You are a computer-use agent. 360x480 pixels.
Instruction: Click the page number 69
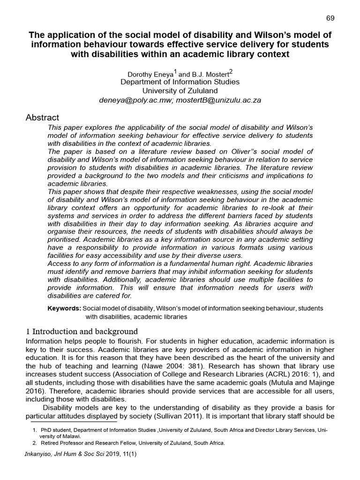click(x=330, y=18)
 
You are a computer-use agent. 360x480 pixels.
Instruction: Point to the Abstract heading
click(x=42, y=118)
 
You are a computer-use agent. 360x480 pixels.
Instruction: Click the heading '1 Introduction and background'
click(x=82, y=331)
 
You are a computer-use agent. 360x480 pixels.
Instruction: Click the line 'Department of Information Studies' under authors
click(x=180, y=82)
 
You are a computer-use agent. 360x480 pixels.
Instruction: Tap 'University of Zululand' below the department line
click(x=180, y=90)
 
